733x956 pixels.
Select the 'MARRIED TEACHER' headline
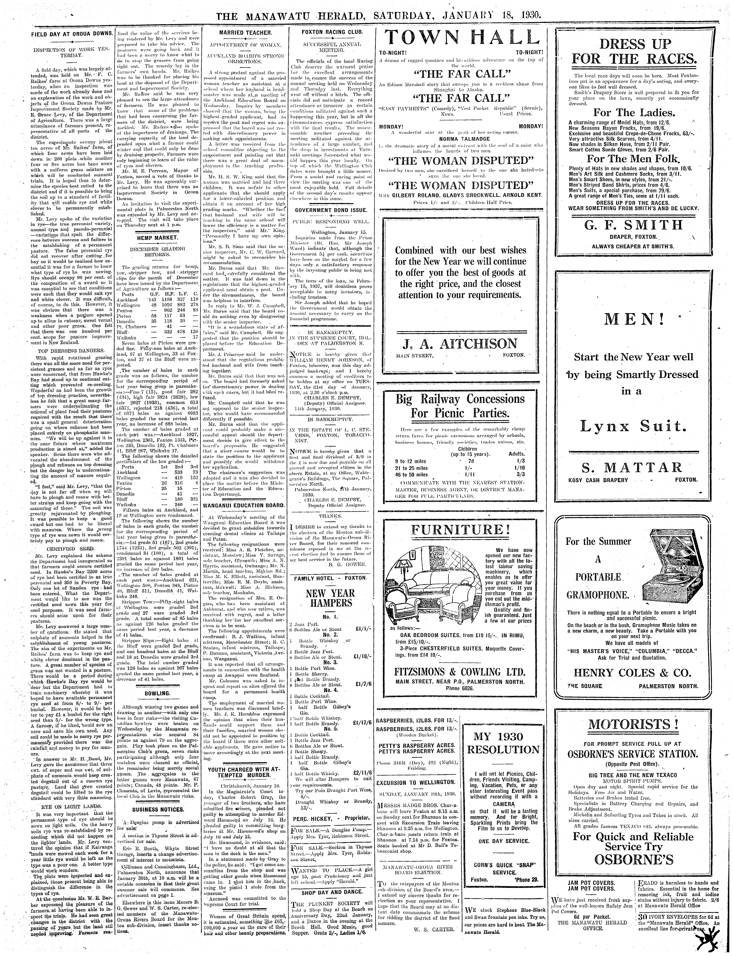pos(246,33)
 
